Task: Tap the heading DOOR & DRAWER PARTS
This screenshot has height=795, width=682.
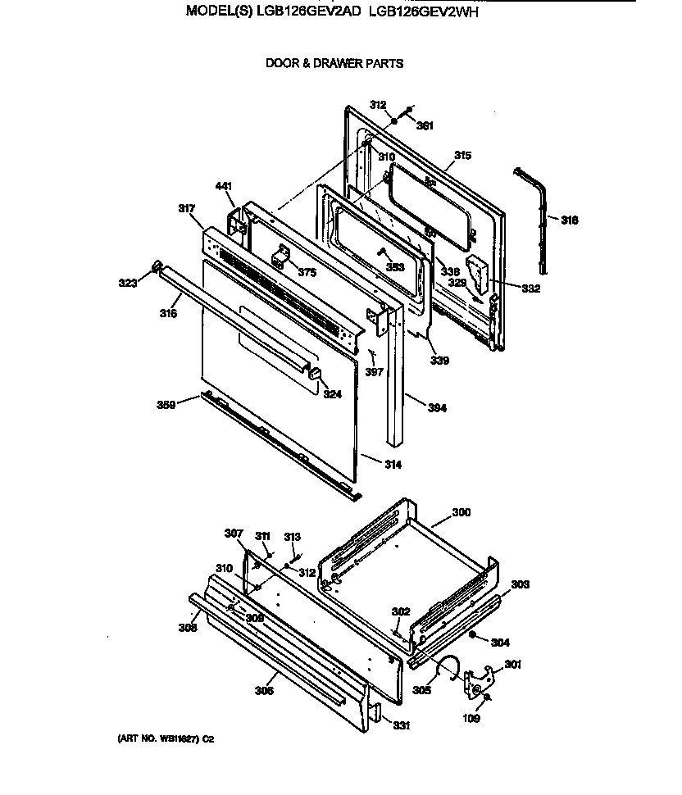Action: tap(334, 63)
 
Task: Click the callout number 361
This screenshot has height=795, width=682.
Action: tap(425, 125)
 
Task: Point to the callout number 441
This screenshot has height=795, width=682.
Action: tap(225, 186)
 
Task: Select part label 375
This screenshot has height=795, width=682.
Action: tap(307, 273)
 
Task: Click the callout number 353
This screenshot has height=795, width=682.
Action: tap(395, 267)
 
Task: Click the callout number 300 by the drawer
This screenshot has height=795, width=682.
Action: tap(461, 512)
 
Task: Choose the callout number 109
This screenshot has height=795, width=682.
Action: tap(473, 719)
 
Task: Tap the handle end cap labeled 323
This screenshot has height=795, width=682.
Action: tap(155, 266)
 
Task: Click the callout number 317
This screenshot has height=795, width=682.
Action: tap(187, 209)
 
